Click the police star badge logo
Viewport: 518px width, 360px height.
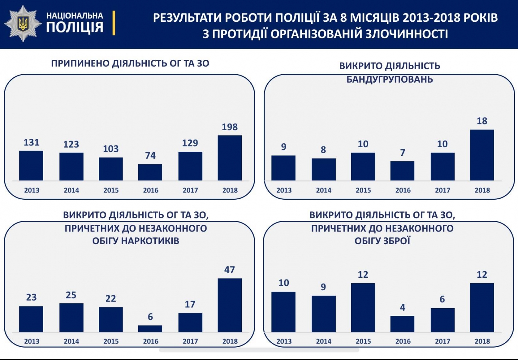coord(23,23)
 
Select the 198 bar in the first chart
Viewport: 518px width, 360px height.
coord(230,158)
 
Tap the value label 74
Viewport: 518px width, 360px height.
coord(150,155)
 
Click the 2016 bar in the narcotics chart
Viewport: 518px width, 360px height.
coord(150,329)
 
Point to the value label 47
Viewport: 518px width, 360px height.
coord(230,270)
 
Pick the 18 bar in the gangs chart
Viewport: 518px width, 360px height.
coord(482,155)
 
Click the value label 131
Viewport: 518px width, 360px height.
coord(31,142)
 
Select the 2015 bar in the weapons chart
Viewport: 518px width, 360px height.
coord(363,307)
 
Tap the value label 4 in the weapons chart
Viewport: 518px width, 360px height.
coord(403,307)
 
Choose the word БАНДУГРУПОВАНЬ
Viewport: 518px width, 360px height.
coord(390,79)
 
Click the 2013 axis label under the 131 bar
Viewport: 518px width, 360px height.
coord(32,190)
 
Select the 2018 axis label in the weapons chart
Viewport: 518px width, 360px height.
coord(482,341)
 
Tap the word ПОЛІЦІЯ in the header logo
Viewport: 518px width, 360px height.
coord(75,27)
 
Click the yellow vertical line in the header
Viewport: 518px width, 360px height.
coord(114,23)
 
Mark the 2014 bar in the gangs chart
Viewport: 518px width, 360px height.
coord(324,169)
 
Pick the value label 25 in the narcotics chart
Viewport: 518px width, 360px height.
coord(71,295)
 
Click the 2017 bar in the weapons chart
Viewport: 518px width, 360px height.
coord(442,320)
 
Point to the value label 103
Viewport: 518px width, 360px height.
coord(111,149)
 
